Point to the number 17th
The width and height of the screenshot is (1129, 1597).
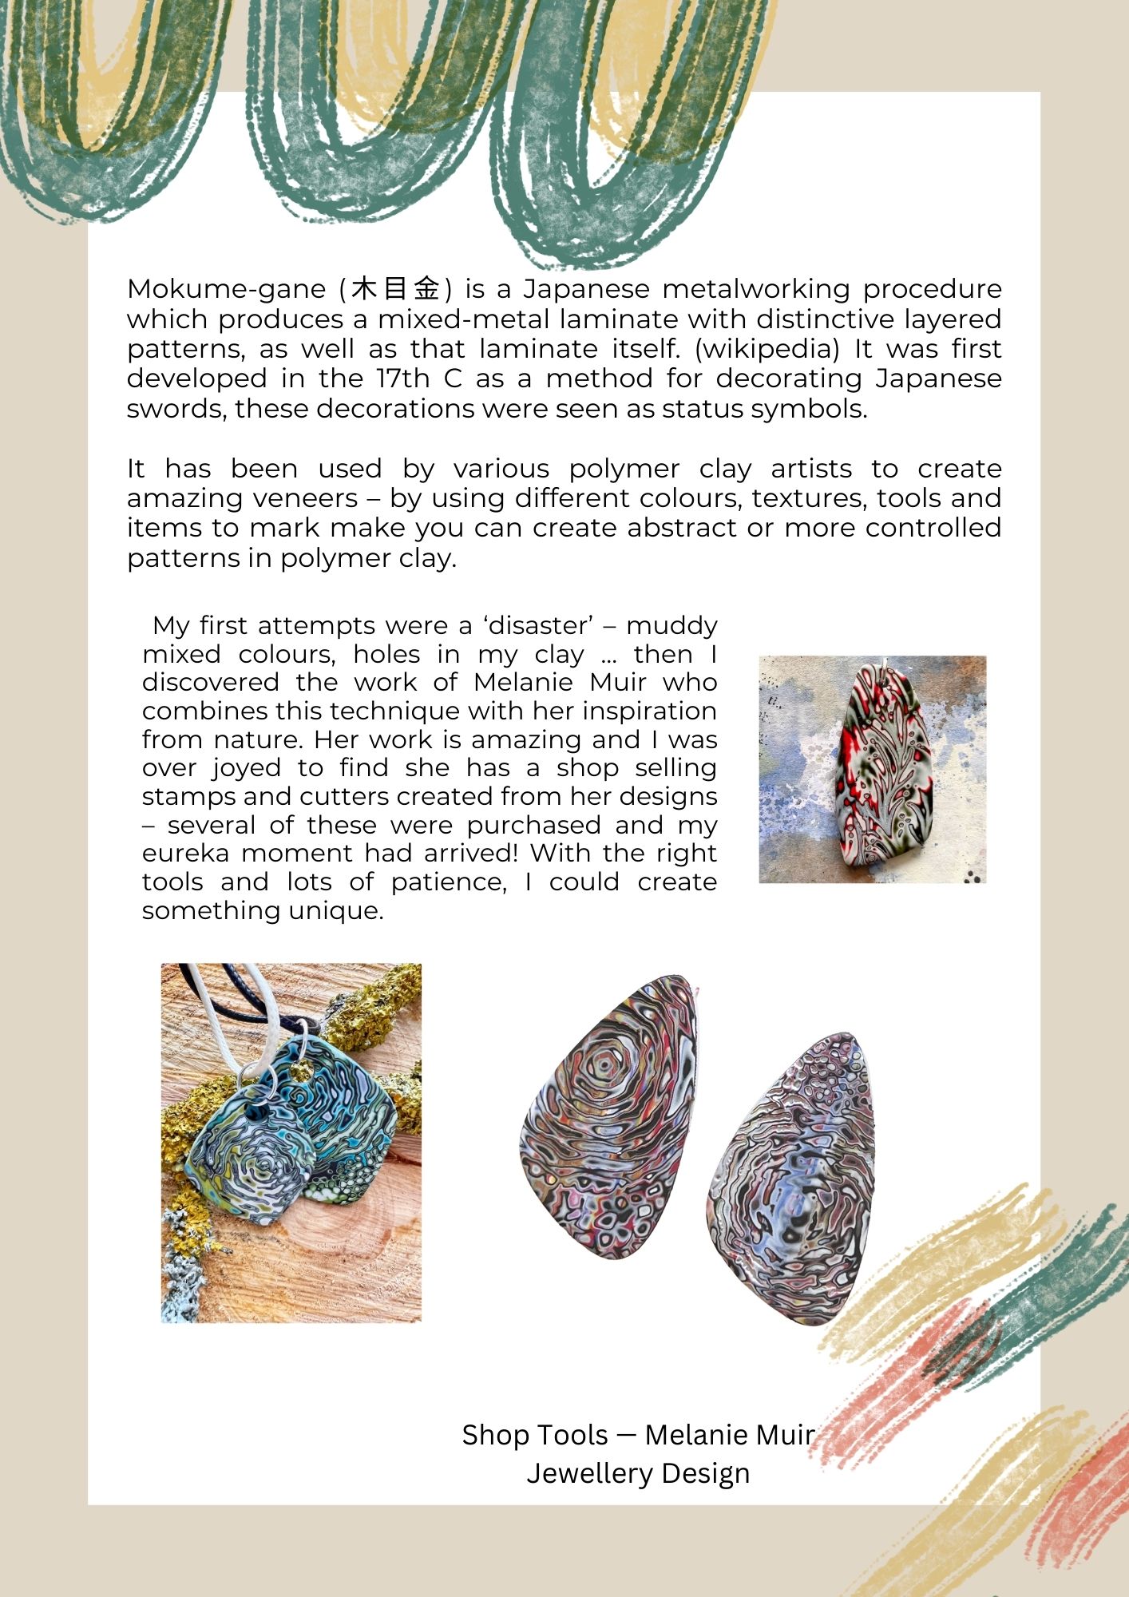point(402,378)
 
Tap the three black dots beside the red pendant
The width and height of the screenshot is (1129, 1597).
point(972,877)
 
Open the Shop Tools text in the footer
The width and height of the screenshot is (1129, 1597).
point(535,1435)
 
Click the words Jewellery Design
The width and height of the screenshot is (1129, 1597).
point(638,1473)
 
